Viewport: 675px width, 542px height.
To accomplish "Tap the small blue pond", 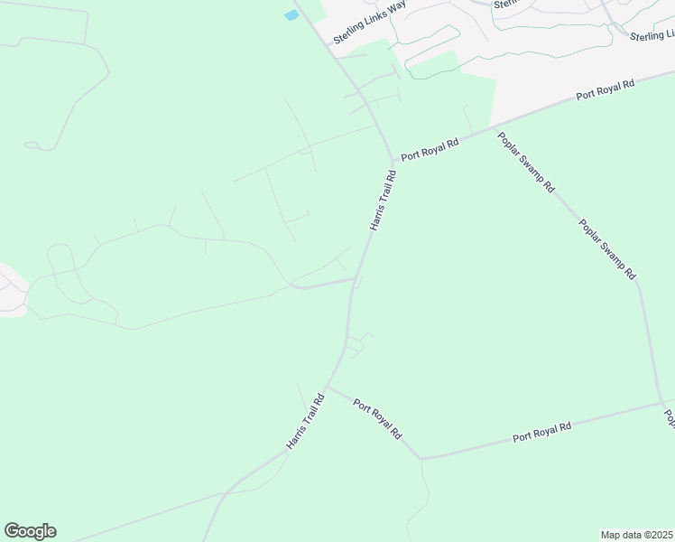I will point(291,15).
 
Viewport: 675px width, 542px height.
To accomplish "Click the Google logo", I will point(30,531).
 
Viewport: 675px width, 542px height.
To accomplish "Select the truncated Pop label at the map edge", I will point(670,417).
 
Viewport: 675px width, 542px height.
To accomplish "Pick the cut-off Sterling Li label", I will point(652,35).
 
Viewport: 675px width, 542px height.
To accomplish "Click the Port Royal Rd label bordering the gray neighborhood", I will point(606,90).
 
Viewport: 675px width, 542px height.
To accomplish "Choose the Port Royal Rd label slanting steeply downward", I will point(378,419).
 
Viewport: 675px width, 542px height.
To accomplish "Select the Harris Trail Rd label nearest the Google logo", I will point(305,422).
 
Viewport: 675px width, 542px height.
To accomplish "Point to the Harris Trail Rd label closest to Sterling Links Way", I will point(383,203).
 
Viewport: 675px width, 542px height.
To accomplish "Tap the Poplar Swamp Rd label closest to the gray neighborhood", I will point(526,163).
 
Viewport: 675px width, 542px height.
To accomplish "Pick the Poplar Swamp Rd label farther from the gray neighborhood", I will point(607,248).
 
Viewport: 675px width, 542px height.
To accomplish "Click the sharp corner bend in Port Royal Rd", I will point(421,458).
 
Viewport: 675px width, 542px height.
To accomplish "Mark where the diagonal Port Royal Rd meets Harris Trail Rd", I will point(326,387).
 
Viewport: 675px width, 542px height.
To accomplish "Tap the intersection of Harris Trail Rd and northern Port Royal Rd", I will point(393,162).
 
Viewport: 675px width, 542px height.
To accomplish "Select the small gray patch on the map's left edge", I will point(11,289).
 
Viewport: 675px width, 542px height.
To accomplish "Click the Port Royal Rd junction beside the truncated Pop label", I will point(661,403).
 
